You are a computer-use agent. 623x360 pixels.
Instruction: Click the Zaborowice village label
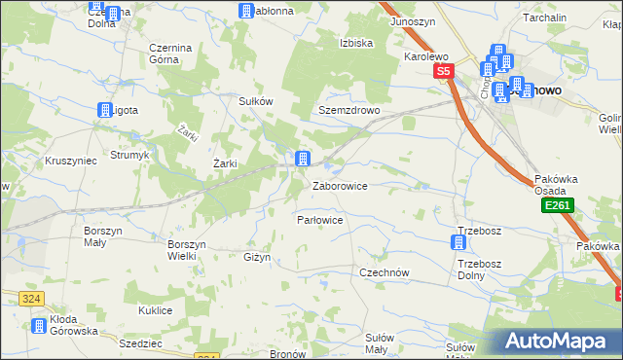click(339, 185)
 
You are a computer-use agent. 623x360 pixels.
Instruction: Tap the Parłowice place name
click(319, 220)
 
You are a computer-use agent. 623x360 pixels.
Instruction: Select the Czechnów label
click(384, 272)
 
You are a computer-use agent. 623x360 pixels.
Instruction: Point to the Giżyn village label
click(256, 257)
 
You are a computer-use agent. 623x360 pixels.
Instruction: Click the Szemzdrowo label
click(348, 111)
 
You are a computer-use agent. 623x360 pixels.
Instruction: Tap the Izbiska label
click(356, 43)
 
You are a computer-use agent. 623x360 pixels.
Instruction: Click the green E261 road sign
click(559, 206)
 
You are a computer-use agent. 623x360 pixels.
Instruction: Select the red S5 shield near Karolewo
click(444, 71)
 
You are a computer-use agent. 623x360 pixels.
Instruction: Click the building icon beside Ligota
click(104, 111)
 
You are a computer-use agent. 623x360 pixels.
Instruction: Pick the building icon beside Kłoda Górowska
click(37, 326)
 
